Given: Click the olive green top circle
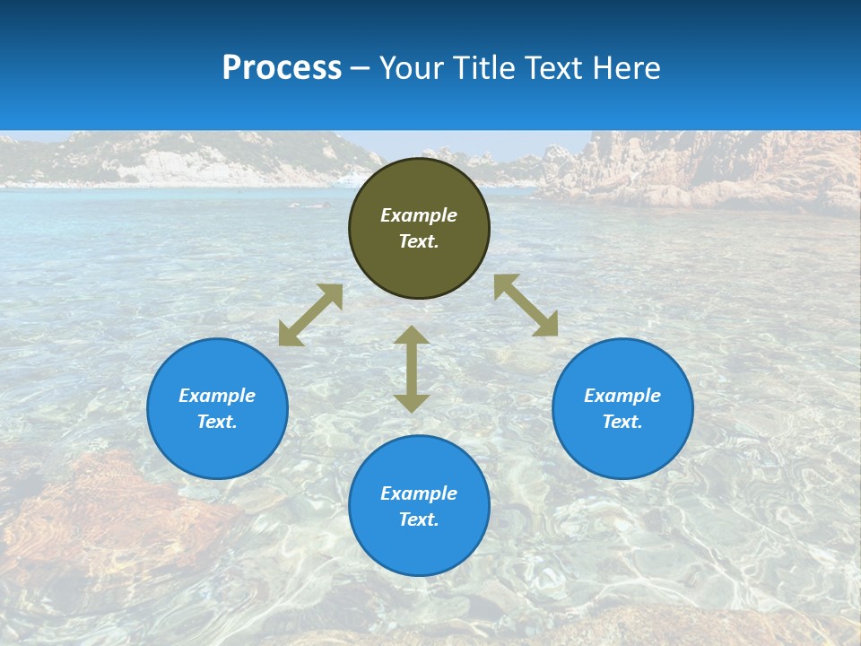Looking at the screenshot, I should point(419,229).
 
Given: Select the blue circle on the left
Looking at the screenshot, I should point(217,408).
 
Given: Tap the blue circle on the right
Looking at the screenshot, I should point(622,408).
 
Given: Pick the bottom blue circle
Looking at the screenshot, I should point(419,506).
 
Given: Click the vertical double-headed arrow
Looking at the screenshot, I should point(412,369).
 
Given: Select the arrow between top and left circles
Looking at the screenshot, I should point(310,315).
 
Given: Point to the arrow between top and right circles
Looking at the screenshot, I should point(526,305).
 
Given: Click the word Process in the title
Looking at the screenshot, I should point(282,68).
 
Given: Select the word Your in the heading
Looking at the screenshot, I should point(413,68).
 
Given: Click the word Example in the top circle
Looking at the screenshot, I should point(419,215).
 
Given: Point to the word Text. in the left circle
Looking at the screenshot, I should point(217,422).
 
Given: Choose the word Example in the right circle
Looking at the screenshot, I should point(622,396).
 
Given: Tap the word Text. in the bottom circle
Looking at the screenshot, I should point(419,519).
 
